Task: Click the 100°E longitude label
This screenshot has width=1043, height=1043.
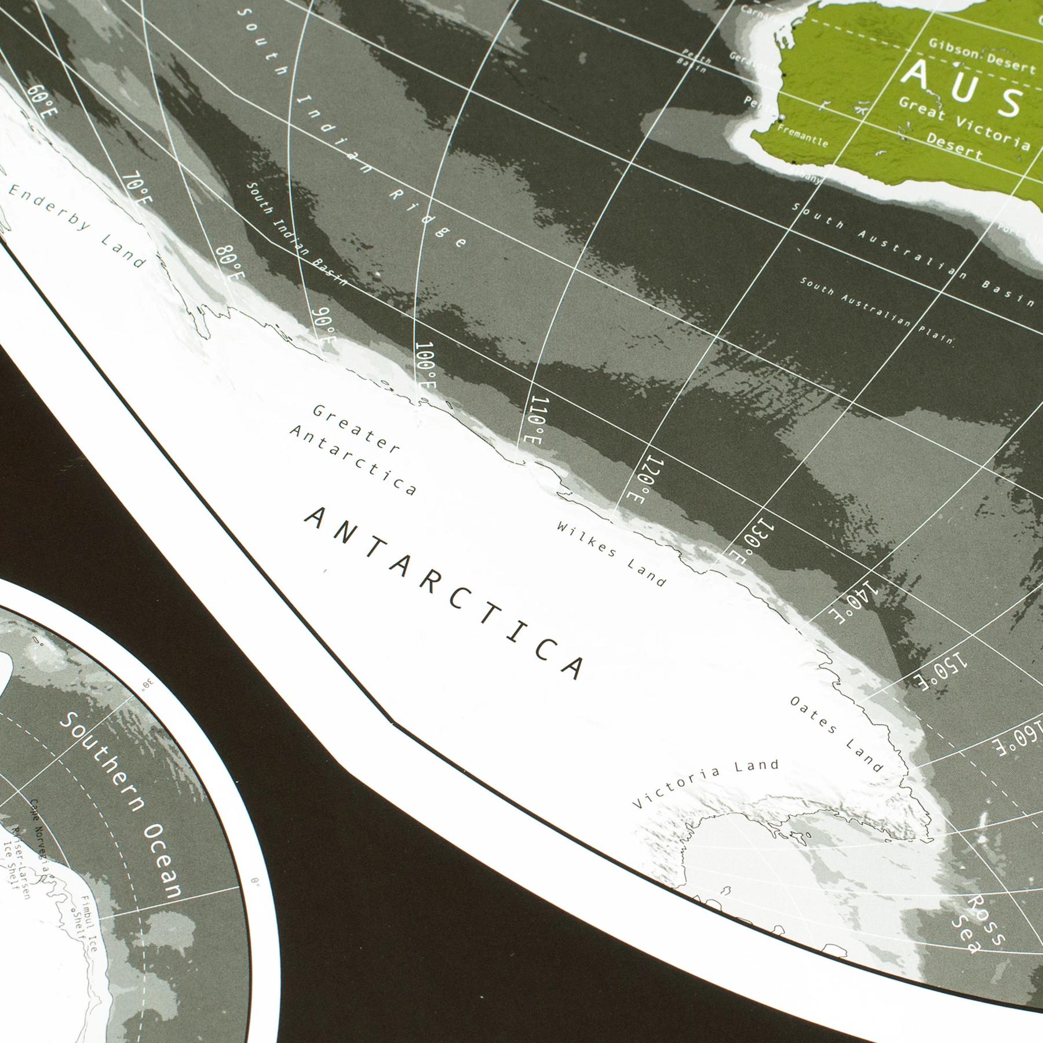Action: pos(426,367)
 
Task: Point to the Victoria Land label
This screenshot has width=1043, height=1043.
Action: pos(705,785)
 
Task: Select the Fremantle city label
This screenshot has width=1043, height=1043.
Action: pos(803,136)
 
